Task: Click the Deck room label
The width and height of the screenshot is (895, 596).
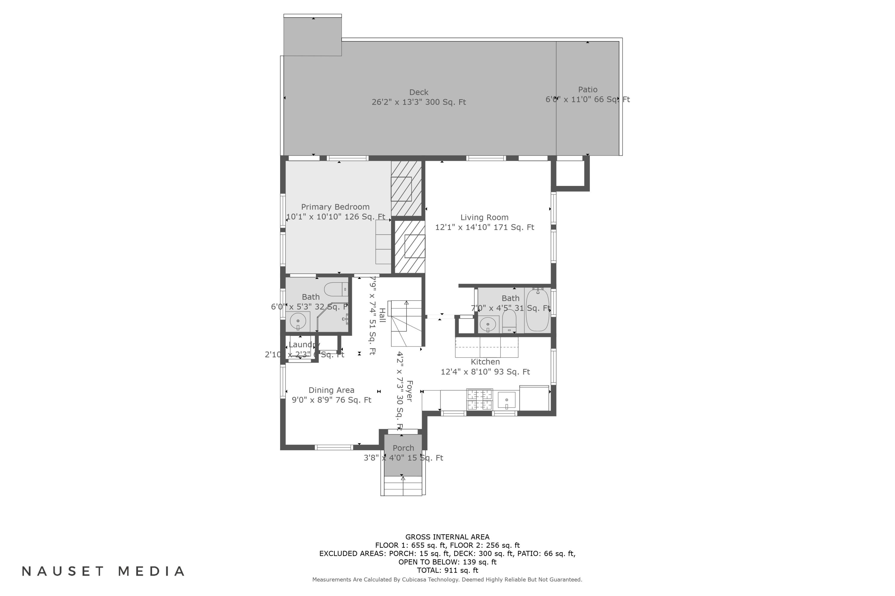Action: point(419,92)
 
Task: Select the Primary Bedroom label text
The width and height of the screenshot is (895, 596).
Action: point(335,207)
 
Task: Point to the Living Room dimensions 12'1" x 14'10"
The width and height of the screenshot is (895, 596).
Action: point(484,227)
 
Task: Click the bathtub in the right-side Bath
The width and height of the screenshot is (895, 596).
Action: point(537,310)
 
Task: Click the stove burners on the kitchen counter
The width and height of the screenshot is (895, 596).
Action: point(479,400)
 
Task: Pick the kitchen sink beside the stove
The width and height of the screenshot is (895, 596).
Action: point(507,400)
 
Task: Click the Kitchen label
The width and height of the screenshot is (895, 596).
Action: point(485,362)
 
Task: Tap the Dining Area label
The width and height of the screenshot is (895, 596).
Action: point(331,390)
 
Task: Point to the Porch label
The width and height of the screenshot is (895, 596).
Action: point(403,448)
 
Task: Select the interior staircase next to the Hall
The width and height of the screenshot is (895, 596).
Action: point(406,323)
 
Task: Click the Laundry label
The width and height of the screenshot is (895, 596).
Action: point(303,345)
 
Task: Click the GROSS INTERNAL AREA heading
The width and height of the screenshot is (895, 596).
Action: point(447,537)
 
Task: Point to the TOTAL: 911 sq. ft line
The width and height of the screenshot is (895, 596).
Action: point(447,570)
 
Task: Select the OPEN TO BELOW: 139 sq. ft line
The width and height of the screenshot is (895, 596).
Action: point(447,562)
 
